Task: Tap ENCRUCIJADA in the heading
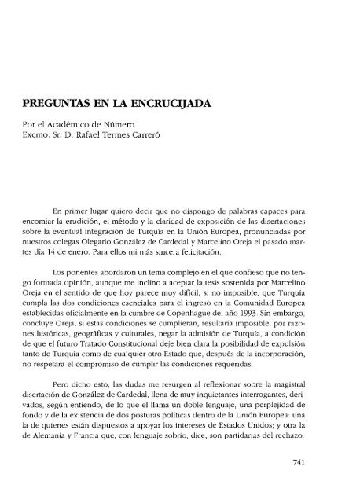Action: [x=182, y=102]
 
